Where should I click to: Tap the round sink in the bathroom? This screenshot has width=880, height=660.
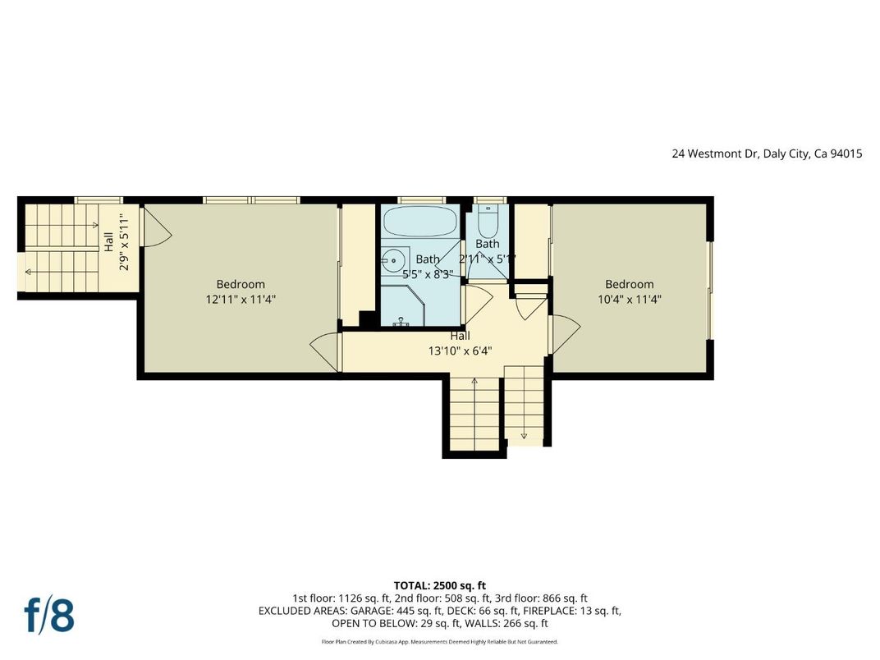pyautogui.click(x=394, y=262)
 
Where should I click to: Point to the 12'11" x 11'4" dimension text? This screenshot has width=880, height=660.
pyautogui.click(x=241, y=300)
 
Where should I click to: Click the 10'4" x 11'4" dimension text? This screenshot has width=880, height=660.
pyautogui.click(x=630, y=300)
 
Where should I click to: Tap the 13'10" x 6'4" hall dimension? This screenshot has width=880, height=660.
pyautogui.click(x=460, y=351)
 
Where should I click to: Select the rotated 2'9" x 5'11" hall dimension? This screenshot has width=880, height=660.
pyautogui.click(x=123, y=241)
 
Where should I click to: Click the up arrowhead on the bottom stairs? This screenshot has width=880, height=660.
pyautogui.click(x=474, y=381)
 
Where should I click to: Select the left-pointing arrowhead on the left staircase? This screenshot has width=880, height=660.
pyautogui.click(x=29, y=273)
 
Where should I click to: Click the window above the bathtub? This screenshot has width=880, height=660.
pyautogui.click(x=421, y=199)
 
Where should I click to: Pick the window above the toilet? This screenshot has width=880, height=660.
pyautogui.click(x=489, y=199)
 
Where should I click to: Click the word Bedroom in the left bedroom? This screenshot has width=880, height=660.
pyautogui.click(x=241, y=285)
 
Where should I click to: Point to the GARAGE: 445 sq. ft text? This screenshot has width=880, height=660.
pyautogui.click(x=393, y=611)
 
